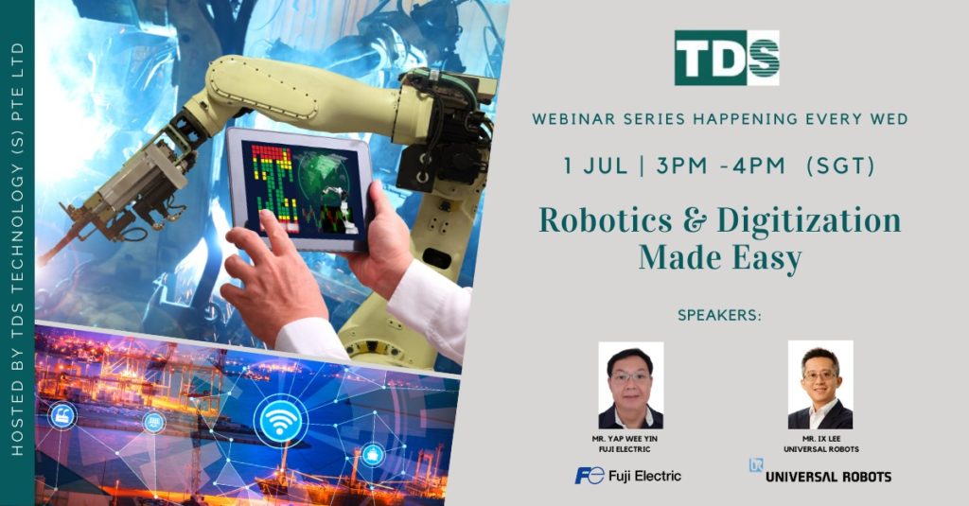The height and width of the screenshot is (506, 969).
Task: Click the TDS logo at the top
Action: pyautogui.click(x=727, y=58)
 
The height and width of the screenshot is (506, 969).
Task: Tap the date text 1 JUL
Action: pyautogui.click(x=595, y=166)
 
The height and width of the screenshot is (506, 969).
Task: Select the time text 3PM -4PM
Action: pyautogui.click(x=720, y=166)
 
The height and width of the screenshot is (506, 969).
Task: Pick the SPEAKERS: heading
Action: pyautogui.click(x=719, y=315)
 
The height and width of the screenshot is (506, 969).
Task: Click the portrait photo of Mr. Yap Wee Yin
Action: pyautogui.click(x=631, y=386)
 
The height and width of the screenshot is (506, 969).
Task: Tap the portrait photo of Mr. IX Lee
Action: pyautogui.click(x=820, y=384)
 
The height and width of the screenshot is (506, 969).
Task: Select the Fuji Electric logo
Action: pyautogui.click(x=628, y=475)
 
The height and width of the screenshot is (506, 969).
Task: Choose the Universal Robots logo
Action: pyautogui.click(x=820, y=472)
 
